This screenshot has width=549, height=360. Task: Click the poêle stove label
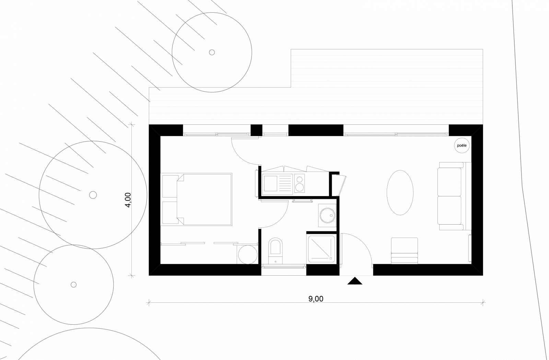[462, 145]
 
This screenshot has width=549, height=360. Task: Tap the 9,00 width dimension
[316, 299]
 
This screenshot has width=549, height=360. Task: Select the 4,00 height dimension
[128, 200]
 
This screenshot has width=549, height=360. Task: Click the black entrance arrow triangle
[355, 281]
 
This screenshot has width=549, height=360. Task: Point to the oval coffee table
[400, 193]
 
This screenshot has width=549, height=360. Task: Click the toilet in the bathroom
[276, 250]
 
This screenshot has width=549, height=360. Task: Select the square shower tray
[321, 249]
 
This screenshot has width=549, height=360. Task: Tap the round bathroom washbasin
[327, 216]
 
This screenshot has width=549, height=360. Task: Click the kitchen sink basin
[270, 183]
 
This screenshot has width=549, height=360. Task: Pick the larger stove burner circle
[300, 188]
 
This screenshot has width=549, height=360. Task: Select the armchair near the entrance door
[405, 251]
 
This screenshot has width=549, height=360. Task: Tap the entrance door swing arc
[357, 249]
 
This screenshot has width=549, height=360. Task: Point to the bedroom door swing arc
[245, 151]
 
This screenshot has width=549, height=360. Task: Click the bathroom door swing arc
[274, 214]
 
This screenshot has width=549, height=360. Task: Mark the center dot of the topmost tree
[212, 52]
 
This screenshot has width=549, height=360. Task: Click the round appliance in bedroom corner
[248, 254]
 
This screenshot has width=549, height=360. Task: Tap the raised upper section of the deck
[387, 68]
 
